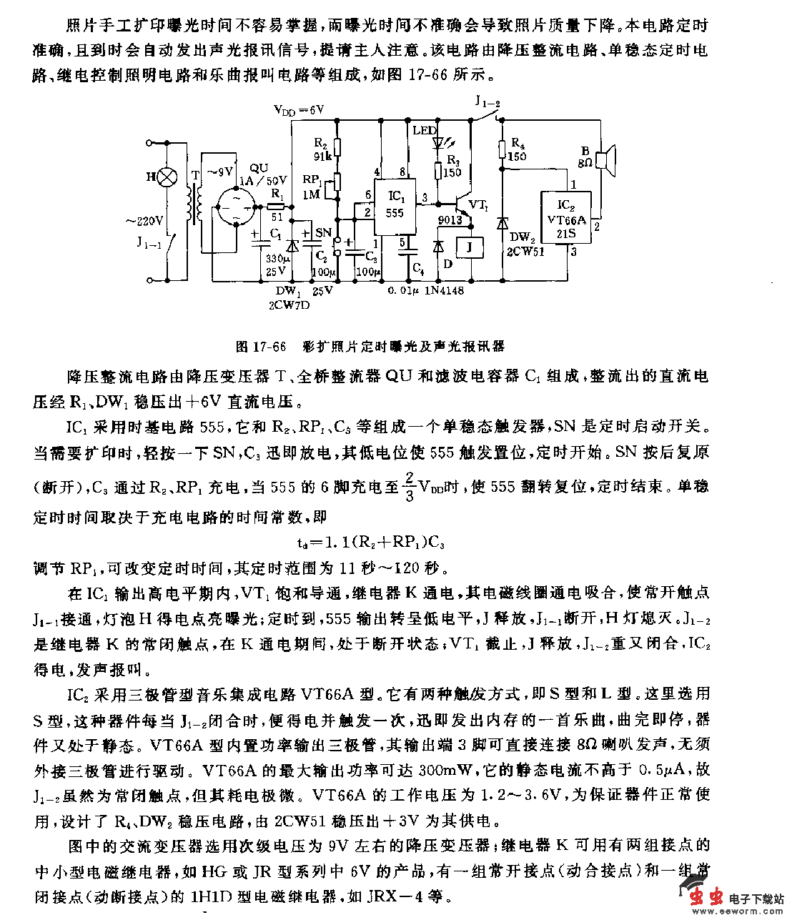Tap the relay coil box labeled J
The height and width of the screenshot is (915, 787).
click(470, 247)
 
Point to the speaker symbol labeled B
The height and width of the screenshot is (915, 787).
click(607, 162)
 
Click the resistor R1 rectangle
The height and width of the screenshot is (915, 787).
click(277, 206)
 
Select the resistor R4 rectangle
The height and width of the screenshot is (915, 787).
click(503, 149)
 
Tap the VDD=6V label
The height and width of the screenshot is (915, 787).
click(299, 110)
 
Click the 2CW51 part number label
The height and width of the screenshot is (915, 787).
click(525, 252)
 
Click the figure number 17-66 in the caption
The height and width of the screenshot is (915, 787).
click(269, 347)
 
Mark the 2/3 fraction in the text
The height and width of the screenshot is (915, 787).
click(410, 485)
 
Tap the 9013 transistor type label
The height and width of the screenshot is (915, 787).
click(450, 220)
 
